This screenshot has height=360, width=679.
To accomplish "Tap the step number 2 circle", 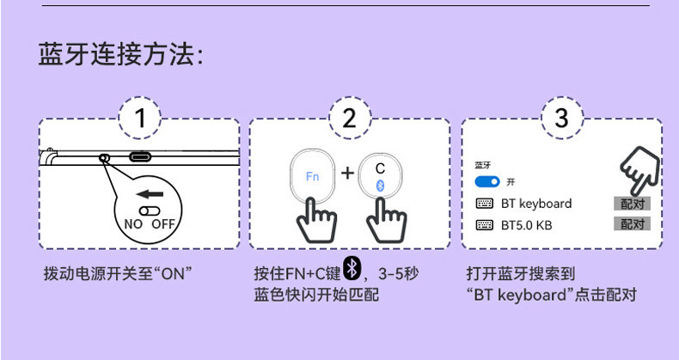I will point(349,119).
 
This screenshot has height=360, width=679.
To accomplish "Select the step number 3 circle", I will point(562,119).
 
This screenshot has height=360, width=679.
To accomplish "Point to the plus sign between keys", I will point(347,174).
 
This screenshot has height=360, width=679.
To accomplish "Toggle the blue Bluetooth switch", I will point(488,182).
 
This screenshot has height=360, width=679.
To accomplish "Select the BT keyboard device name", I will point(535,204).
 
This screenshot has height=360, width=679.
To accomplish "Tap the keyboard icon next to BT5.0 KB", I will point(484,225).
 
